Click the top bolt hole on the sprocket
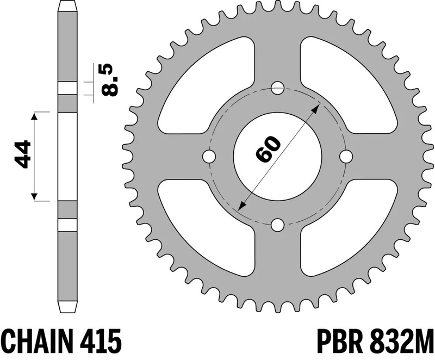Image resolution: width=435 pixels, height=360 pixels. point(277,87)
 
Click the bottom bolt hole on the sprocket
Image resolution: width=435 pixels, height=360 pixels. point(277,225)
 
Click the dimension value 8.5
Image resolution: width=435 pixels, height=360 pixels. point(107,80)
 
